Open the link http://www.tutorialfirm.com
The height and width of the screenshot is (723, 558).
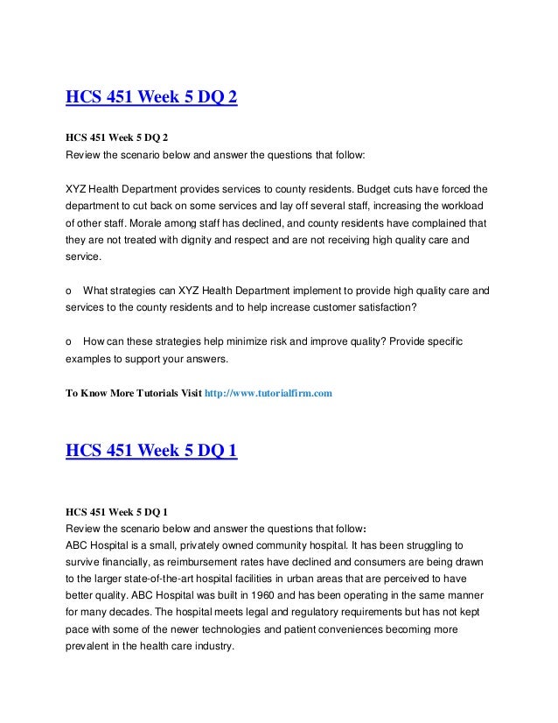[268, 394]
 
